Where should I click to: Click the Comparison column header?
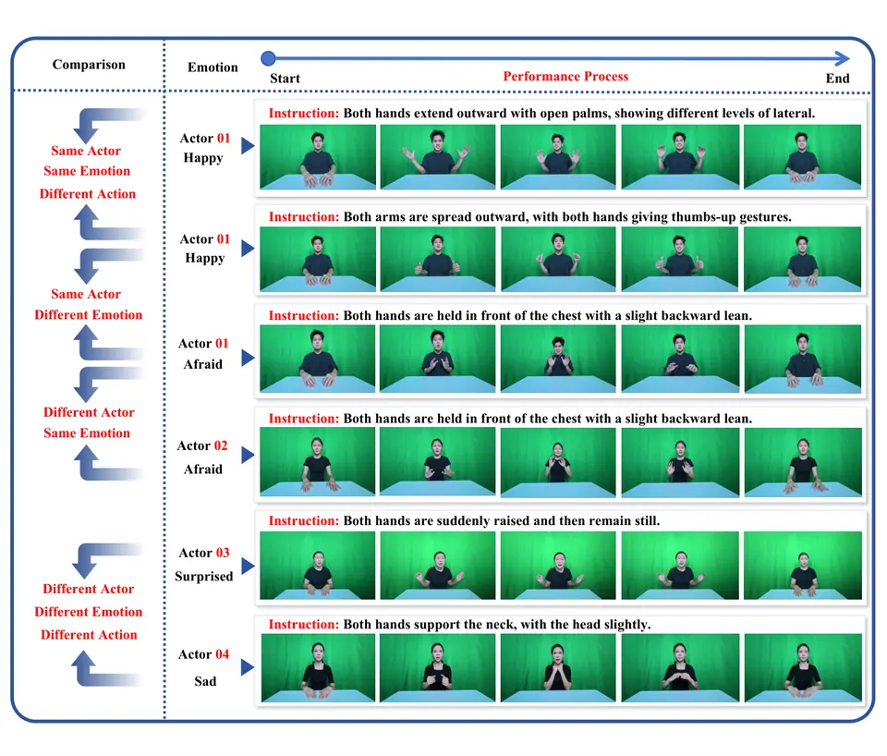click(89, 65)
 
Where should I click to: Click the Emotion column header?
click(213, 67)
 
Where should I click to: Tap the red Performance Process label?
click(565, 77)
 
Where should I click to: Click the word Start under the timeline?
click(285, 79)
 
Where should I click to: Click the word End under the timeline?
click(837, 79)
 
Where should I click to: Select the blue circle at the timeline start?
click(268, 58)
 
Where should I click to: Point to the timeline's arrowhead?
click(843, 58)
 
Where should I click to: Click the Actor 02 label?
click(202, 445)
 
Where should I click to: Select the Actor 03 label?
click(203, 553)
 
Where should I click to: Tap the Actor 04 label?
click(203, 654)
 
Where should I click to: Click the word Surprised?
click(203, 577)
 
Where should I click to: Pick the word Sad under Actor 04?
click(205, 681)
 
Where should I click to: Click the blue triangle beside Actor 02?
click(248, 455)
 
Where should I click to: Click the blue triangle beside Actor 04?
click(248, 667)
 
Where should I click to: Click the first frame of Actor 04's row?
click(318, 667)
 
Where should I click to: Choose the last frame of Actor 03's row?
click(803, 566)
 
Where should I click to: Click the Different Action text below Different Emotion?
click(89, 635)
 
